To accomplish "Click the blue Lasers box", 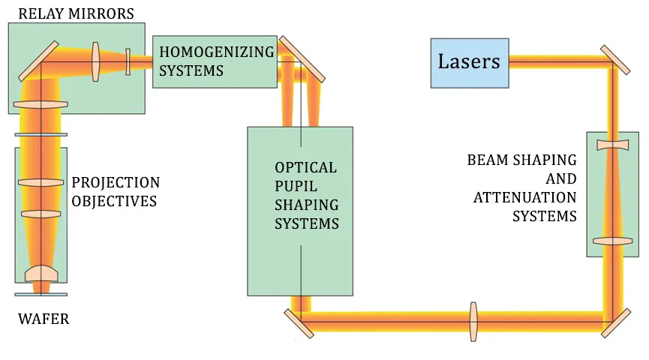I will [x=469, y=62].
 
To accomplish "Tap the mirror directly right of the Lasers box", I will [x=615, y=60].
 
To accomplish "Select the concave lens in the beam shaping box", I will [x=613, y=144].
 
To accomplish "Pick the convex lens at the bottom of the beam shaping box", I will [x=613, y=241].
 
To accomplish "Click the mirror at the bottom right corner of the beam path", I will [x=615, y=322].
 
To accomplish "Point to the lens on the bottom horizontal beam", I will [x=473, y=322].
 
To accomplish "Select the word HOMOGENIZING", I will [x=216, y=52].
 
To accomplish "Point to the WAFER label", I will [x=43, y=319].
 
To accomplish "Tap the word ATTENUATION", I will [x=524, y=198].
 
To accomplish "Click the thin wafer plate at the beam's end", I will [x=41, y=294].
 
